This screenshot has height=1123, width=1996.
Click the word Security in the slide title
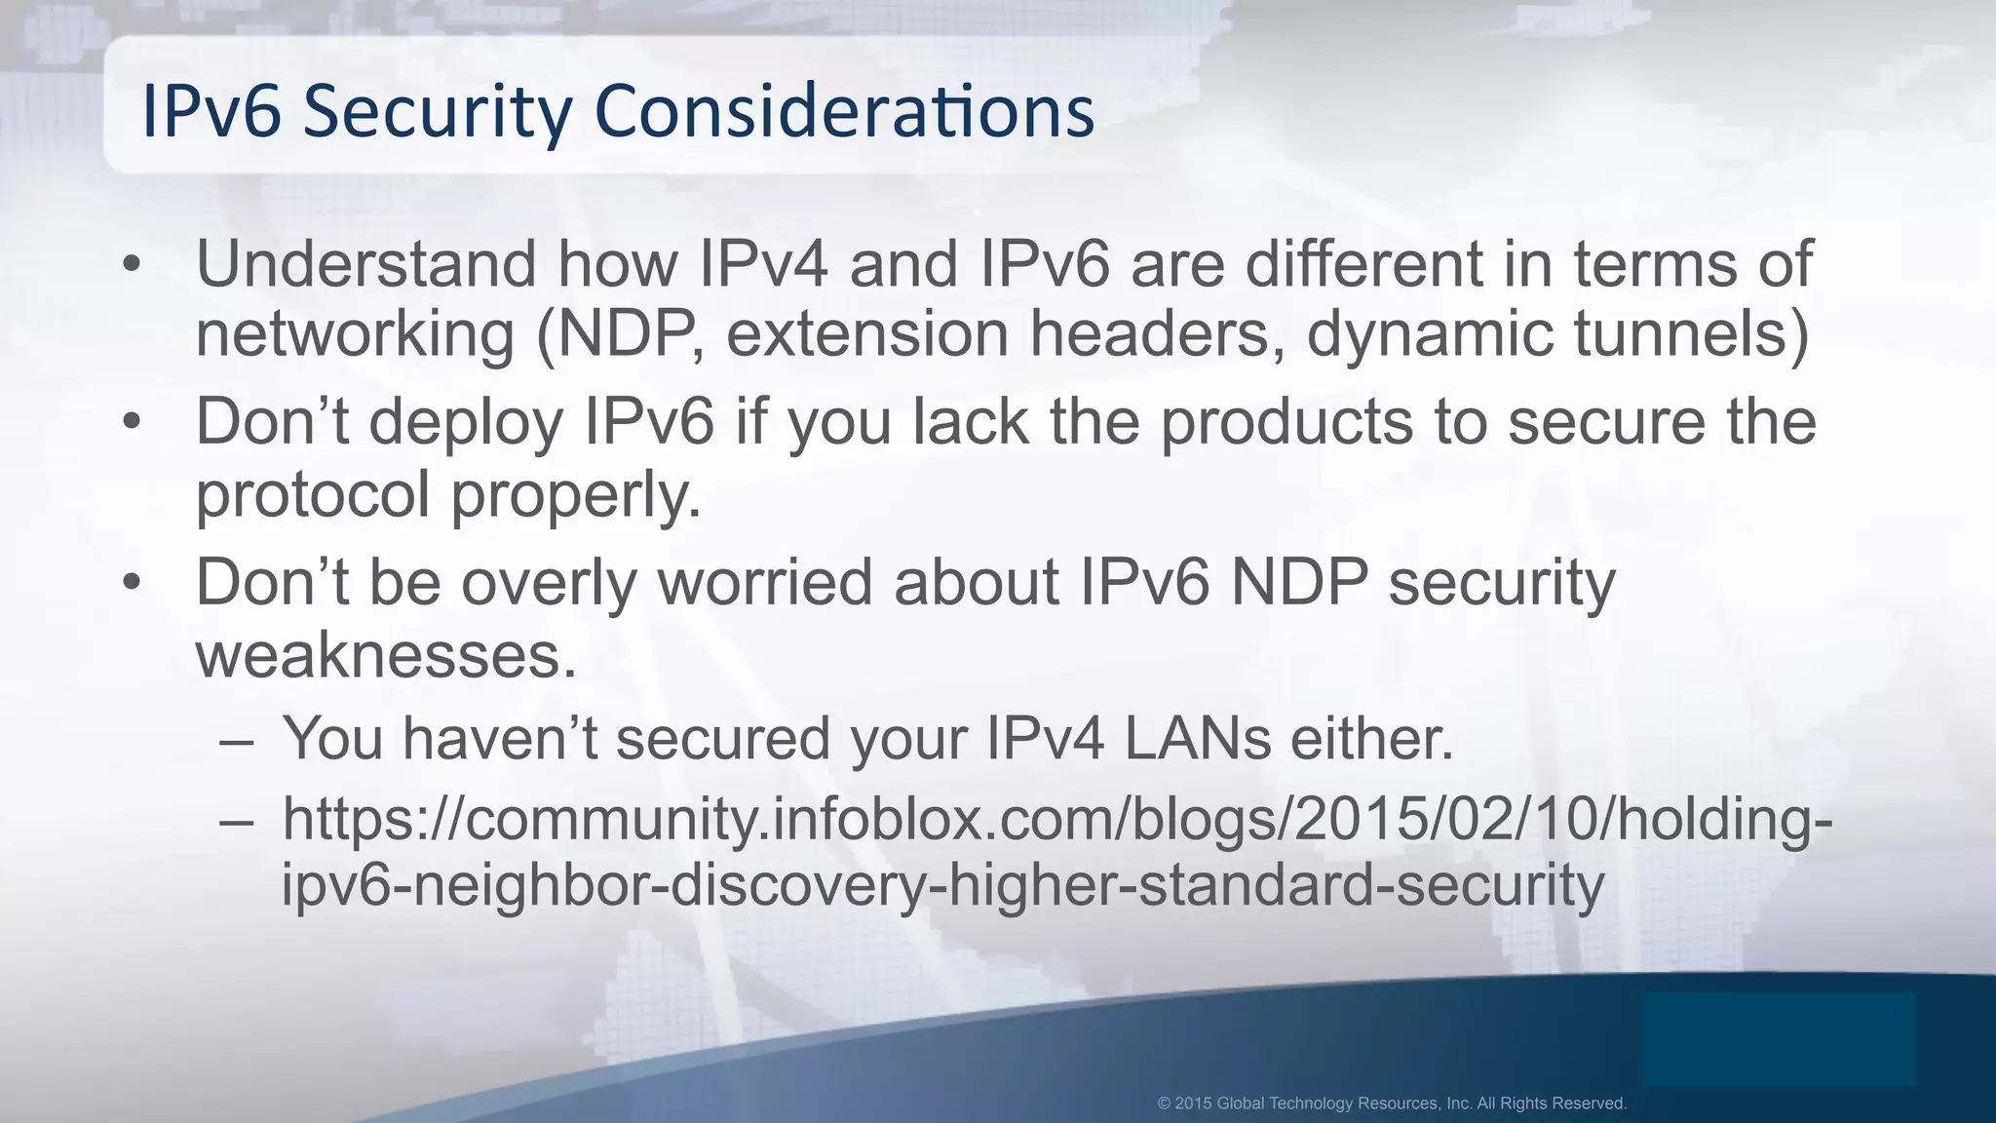[x=437, y=111]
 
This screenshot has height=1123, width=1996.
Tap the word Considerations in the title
[x=844, y=111]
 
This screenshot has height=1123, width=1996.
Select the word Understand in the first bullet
[x=365, y=263]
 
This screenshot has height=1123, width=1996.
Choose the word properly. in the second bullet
[x=575, y=494]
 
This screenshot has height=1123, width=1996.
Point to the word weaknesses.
[x=386, y=654]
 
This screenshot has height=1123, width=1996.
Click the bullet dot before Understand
[x=133, y=265]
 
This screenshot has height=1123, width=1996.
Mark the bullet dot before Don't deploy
[x=133, y=424]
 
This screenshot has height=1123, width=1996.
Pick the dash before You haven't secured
[x=237, y=739]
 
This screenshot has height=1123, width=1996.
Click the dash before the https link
[x=237, y=819]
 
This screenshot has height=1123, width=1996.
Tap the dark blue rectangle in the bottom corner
[x=1779, y=1039]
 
